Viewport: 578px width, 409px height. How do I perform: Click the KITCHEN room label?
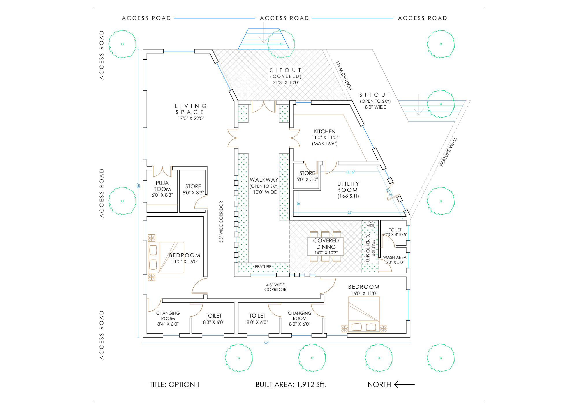pyautogui.click(x=325, y=132)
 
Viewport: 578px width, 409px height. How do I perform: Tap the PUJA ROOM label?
pyautogui.click(x=162, y=186)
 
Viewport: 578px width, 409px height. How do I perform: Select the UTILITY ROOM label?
pyautogui.click(x=348, y=187)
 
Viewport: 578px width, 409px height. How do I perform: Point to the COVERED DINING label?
pyautogui.click(x=326, y=244)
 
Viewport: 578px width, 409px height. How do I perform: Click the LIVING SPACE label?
pyautogui.click(x=191, y=109)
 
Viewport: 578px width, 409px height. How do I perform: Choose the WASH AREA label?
pyautogui.click(x=394, y=257)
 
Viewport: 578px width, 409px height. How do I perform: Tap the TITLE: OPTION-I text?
pyautogui.click(x=174, y=384)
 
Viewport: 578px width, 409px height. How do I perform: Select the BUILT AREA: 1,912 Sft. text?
pyautogui.click(x=290, y=384)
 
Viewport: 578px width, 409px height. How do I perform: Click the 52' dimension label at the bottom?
pyautogui.click(x=266, y=343)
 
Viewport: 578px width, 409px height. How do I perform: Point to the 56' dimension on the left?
pyautogui.click(x=138, y=185)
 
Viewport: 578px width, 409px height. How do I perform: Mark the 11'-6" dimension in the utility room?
pyautogui.click(x=350, y=172)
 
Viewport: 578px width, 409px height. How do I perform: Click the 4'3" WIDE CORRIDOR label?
pyautogui.click(x=275, y=287)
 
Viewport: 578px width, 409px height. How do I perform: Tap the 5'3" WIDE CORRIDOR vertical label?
pyautogui.click(x=221, y=222)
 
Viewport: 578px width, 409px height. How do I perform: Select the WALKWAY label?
pyautogui.click(x=264, y=180)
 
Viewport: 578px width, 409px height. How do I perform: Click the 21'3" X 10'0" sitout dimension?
pyautogui.click(x=286, y=82)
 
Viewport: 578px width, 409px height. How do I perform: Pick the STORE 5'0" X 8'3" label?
pyautogui.click(x=193, y=189)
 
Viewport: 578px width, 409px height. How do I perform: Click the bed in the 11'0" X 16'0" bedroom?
pyautogui.click(x=166, y=257)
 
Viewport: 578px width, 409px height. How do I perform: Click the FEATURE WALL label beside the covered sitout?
pyautogui.click(x=344, y=75)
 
